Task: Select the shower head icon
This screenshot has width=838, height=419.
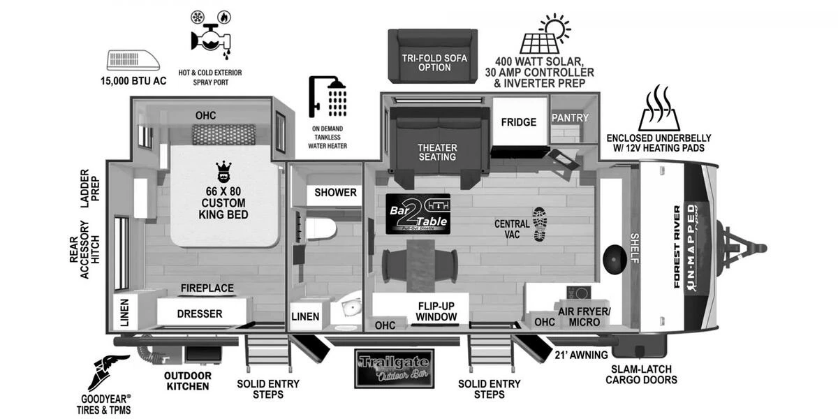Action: click(328, 97)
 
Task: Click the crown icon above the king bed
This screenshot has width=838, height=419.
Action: click(224, 170)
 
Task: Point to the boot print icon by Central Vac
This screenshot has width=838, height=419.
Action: click(541, 224)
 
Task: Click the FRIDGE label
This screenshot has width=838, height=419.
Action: click(519, 122)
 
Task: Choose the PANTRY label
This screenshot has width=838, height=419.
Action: click(571, 117)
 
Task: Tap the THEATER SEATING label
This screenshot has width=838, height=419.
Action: click(437, 152)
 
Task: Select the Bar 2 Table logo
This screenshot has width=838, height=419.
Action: click(418, 214)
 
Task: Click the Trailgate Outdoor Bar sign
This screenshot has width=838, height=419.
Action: click(393, 368)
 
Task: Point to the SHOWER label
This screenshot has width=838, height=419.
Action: click(335, 193)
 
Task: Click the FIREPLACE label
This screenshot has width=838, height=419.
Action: click(207, 288)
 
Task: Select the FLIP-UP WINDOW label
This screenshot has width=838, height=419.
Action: click(437, 311)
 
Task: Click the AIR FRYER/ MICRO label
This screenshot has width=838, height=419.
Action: click(584, 316)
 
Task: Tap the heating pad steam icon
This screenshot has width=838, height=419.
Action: click(659, 109)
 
